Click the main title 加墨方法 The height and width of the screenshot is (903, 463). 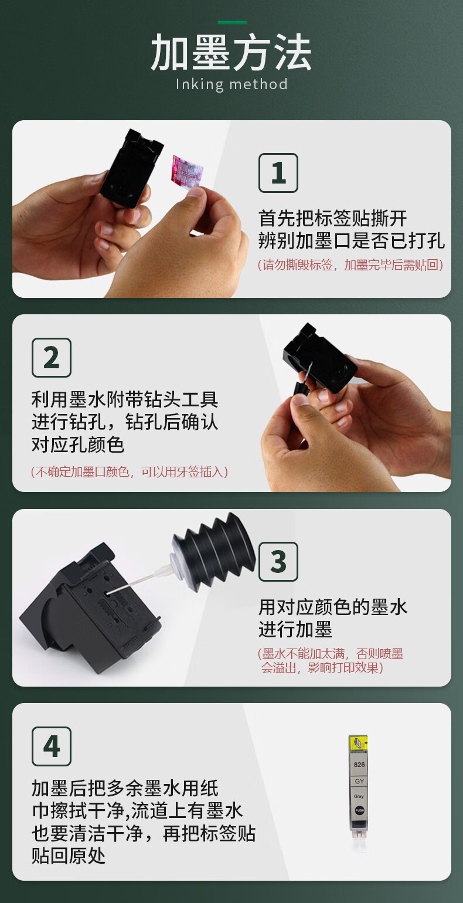(231, 53)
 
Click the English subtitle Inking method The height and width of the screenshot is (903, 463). (231, 84)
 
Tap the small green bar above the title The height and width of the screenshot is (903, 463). (233, 22)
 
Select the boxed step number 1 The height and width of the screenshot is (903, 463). (278, 173)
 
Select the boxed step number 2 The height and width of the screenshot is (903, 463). (52, 358)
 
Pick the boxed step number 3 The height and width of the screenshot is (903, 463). (278, 562)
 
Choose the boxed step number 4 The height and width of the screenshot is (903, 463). (52, 746)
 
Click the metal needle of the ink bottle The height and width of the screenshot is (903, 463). (131, 583)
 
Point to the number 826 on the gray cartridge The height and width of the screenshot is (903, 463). (359, 765)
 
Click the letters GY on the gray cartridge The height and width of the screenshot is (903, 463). (359, 781)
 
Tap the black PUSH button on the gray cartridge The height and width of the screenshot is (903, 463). (359, 810)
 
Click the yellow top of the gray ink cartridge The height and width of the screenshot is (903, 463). (358, 743)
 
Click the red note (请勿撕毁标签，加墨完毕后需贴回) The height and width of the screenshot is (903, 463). (350, 265)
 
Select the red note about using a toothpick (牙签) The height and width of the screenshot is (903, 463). (130, 471)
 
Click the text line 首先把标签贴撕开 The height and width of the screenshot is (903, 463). (333, 219)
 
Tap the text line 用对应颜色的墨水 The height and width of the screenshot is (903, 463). (333, 607)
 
